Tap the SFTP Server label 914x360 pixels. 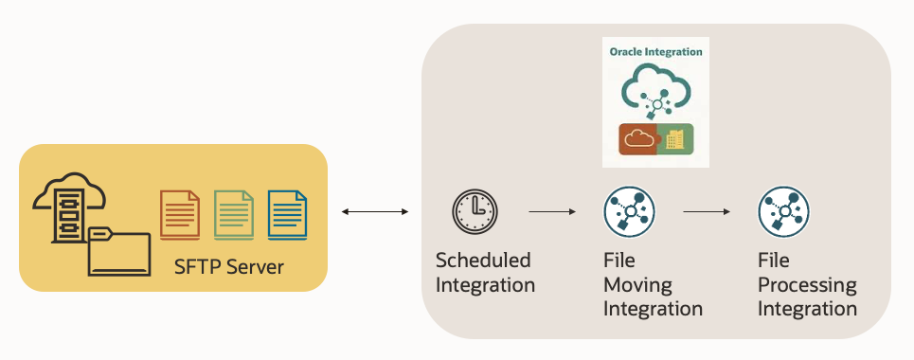point(229,267)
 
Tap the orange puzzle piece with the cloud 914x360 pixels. point(637,139)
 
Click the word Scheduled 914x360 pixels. point(483,261)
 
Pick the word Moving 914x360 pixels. point(638,283)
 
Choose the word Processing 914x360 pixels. point(807,284)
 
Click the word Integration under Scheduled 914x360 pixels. point(486,284)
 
